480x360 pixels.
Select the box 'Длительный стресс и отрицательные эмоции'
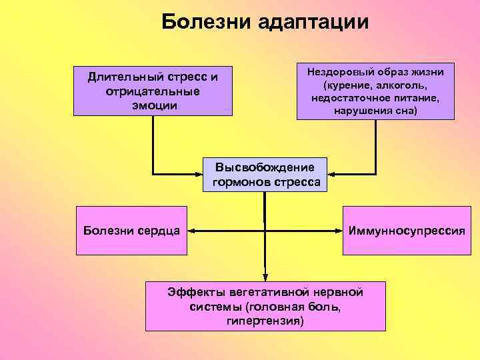[153, 90]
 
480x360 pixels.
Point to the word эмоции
[153, 105]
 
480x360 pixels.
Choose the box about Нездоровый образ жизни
[375, 91]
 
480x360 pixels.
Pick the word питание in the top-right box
[415, 98]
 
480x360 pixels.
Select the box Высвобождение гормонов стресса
[265, 175]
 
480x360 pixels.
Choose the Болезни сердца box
[132, 231]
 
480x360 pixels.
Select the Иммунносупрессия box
[407, 231]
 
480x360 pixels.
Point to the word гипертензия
[265, 321]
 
